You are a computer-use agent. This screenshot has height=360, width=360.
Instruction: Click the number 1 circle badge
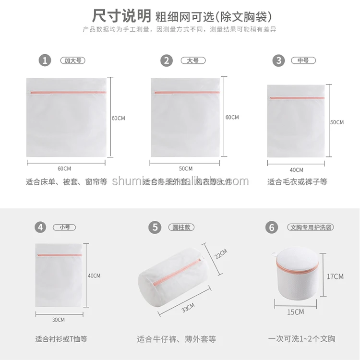coord(45,60)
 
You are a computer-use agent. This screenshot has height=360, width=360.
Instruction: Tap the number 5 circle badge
coord(155,227)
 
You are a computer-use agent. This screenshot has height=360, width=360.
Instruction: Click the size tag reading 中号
coord(303,61)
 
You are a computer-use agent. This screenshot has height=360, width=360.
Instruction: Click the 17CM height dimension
coord(335,276)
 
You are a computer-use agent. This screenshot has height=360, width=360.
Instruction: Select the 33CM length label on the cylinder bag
coord(188,308)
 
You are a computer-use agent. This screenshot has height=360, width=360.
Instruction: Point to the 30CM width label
coord(59,320)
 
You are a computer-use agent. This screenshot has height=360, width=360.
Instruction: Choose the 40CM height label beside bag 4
coord(94,276)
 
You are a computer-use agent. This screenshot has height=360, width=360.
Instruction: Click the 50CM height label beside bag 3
coord(336,122)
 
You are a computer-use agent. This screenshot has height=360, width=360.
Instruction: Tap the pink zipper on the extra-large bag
coord(67,92)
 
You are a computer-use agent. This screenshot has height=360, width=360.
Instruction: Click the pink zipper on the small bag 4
coord(59,255)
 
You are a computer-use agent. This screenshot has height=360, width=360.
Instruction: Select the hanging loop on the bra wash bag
coord(274,254)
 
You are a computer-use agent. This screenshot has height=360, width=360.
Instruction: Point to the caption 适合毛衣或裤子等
coord(297,182)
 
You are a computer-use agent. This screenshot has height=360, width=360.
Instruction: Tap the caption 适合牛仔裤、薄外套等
coord(177,339)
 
